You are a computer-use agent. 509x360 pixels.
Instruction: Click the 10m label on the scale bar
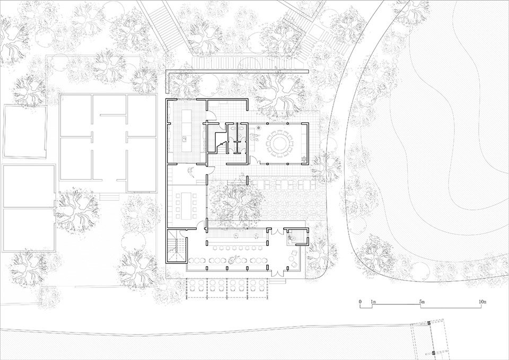pos(482,302)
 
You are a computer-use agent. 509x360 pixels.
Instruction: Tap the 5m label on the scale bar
pos(422,302)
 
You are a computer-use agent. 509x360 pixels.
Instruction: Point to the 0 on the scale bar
pos(360,302)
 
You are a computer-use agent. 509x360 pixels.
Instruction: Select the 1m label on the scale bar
pos(373,302)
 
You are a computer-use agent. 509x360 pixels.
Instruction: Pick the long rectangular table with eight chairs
pos(186,206)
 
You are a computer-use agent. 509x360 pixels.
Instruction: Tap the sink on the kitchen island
pos(185,139)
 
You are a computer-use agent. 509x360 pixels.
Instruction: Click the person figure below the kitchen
pos(191,171)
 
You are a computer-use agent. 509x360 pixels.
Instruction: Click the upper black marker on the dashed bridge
pos(428,323)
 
